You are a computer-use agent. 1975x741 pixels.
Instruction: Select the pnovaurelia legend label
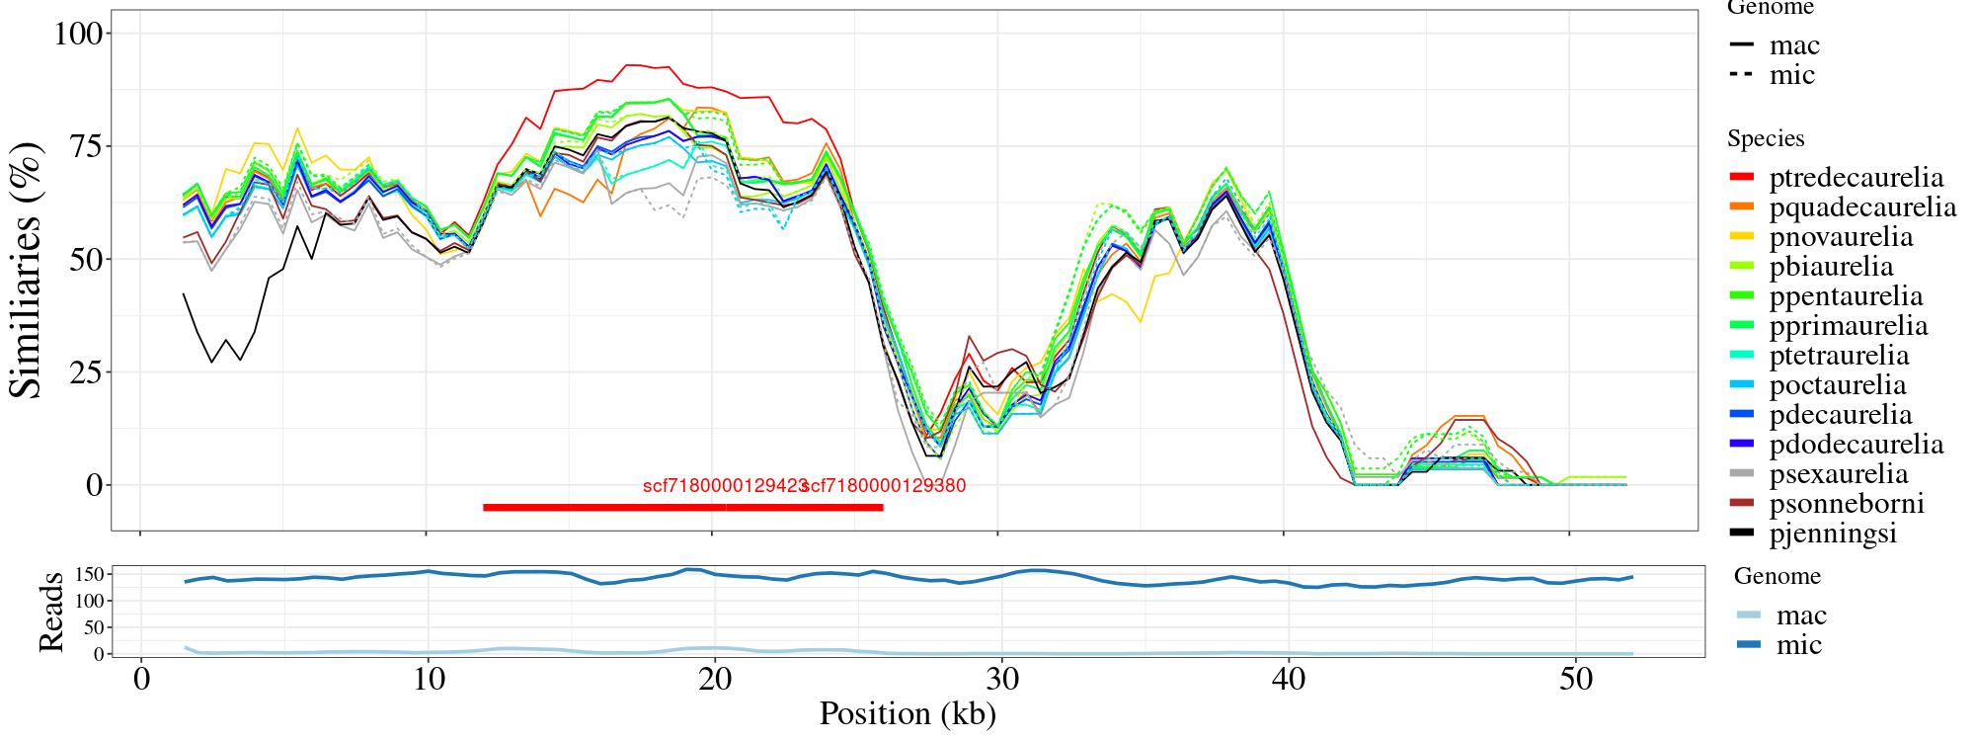coord(1841,237)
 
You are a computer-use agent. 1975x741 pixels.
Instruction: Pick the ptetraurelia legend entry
coord(1839,356)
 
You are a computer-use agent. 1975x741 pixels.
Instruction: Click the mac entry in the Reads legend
coord(1800,616)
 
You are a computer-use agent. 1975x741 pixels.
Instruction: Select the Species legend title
coord(1766,138)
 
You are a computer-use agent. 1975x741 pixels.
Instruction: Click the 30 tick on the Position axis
coord(1001,682)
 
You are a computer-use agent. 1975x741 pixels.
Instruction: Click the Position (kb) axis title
coord(907,713)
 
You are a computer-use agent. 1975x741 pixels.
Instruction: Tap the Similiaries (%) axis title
coord(27,269)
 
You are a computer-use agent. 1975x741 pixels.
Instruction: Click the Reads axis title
coord(50,611)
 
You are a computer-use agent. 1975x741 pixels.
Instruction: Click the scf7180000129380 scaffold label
coord(884,486)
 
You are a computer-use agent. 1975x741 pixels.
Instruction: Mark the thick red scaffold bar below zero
coord(682,507)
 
